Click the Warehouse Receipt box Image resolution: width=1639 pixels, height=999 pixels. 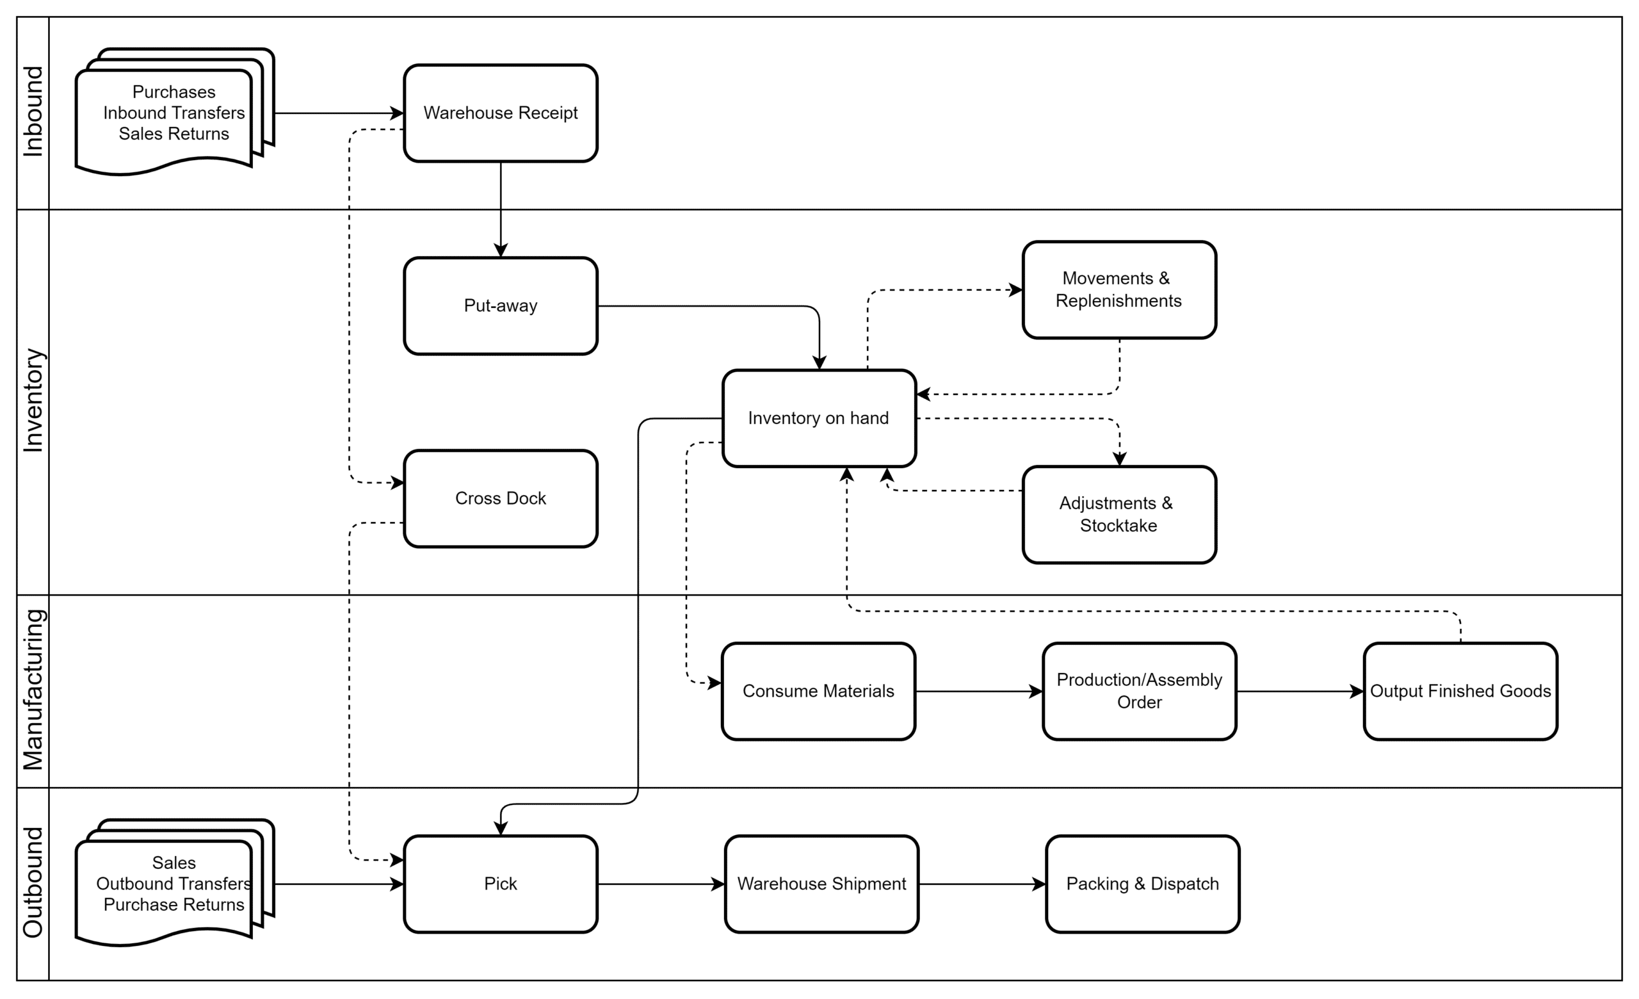500,113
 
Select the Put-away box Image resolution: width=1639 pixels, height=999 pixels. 500,306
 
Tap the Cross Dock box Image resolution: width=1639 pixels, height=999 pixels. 500,499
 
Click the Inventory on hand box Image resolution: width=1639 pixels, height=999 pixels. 819,418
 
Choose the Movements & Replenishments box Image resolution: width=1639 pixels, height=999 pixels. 1120,290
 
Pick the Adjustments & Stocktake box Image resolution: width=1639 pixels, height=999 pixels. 1120,515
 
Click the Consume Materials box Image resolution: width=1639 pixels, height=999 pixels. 818,691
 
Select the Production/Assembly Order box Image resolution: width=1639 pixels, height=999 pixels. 1140,691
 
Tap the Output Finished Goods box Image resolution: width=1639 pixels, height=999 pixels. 1461,691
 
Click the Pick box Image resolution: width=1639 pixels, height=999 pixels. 500,884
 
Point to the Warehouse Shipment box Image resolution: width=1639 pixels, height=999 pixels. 821,884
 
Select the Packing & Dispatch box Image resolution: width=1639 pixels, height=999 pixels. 1143,884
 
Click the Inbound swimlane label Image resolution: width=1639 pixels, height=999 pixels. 33,111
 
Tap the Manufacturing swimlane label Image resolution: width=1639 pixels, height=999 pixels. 33,690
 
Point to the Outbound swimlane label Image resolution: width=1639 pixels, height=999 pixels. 33,882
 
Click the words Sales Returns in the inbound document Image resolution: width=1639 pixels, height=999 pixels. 174,134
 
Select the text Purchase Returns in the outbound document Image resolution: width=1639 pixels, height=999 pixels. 174,905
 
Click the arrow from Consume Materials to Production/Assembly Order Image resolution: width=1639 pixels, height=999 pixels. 979,692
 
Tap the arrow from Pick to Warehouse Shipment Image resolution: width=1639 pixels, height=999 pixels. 661,884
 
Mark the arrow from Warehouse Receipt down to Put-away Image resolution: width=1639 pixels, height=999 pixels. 501,209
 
